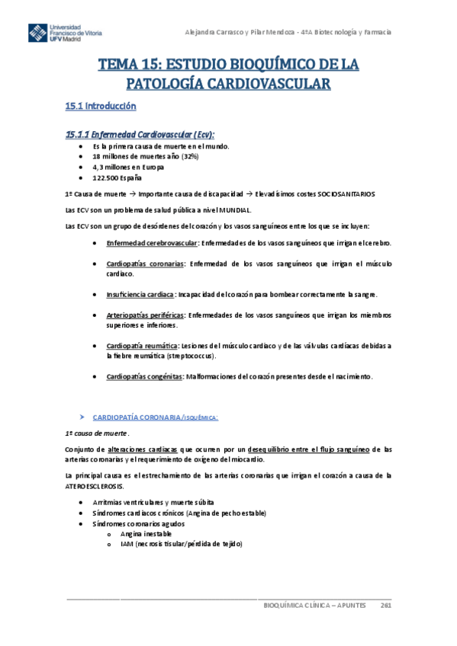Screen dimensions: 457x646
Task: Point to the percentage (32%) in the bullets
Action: [x=168, y=155]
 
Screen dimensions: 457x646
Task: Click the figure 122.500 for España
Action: [x=106, y=177]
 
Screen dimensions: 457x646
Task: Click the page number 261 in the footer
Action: [x=385, y=605]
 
